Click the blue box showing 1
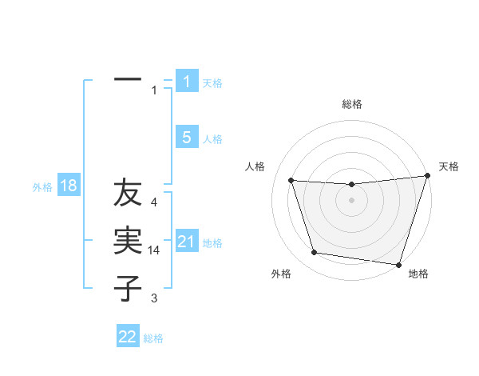pyautogui.click(x=187, y=82)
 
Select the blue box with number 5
pyautogui.click(x=187, y=138)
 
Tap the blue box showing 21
pyautogui.click(x=187, y=242)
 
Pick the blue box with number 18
pyautogui.click(x=69, y=186)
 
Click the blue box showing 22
pyautogui.click(x=128, y=337)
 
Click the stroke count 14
pyautogui.click(x=154, y=250)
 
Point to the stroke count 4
pyautogui.click(x=154, y=203)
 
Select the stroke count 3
pyautogui.click(x=154, y=298)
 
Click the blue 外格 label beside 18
pyautogui.click(x=42, y=187)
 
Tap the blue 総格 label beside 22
pyautogui.click(x=153, y=338)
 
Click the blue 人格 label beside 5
pyautogui.click(x=212, y=139)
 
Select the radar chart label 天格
pyautogui.click(x=449, y=166)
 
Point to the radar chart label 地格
pyautogui.click(x=418, y=274)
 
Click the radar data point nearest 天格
pyautogui.click(x=427, y=177)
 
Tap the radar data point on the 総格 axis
pyautogui.click(x=351, y=184)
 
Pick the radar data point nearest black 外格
pyautogui.click(x=315, y=253)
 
